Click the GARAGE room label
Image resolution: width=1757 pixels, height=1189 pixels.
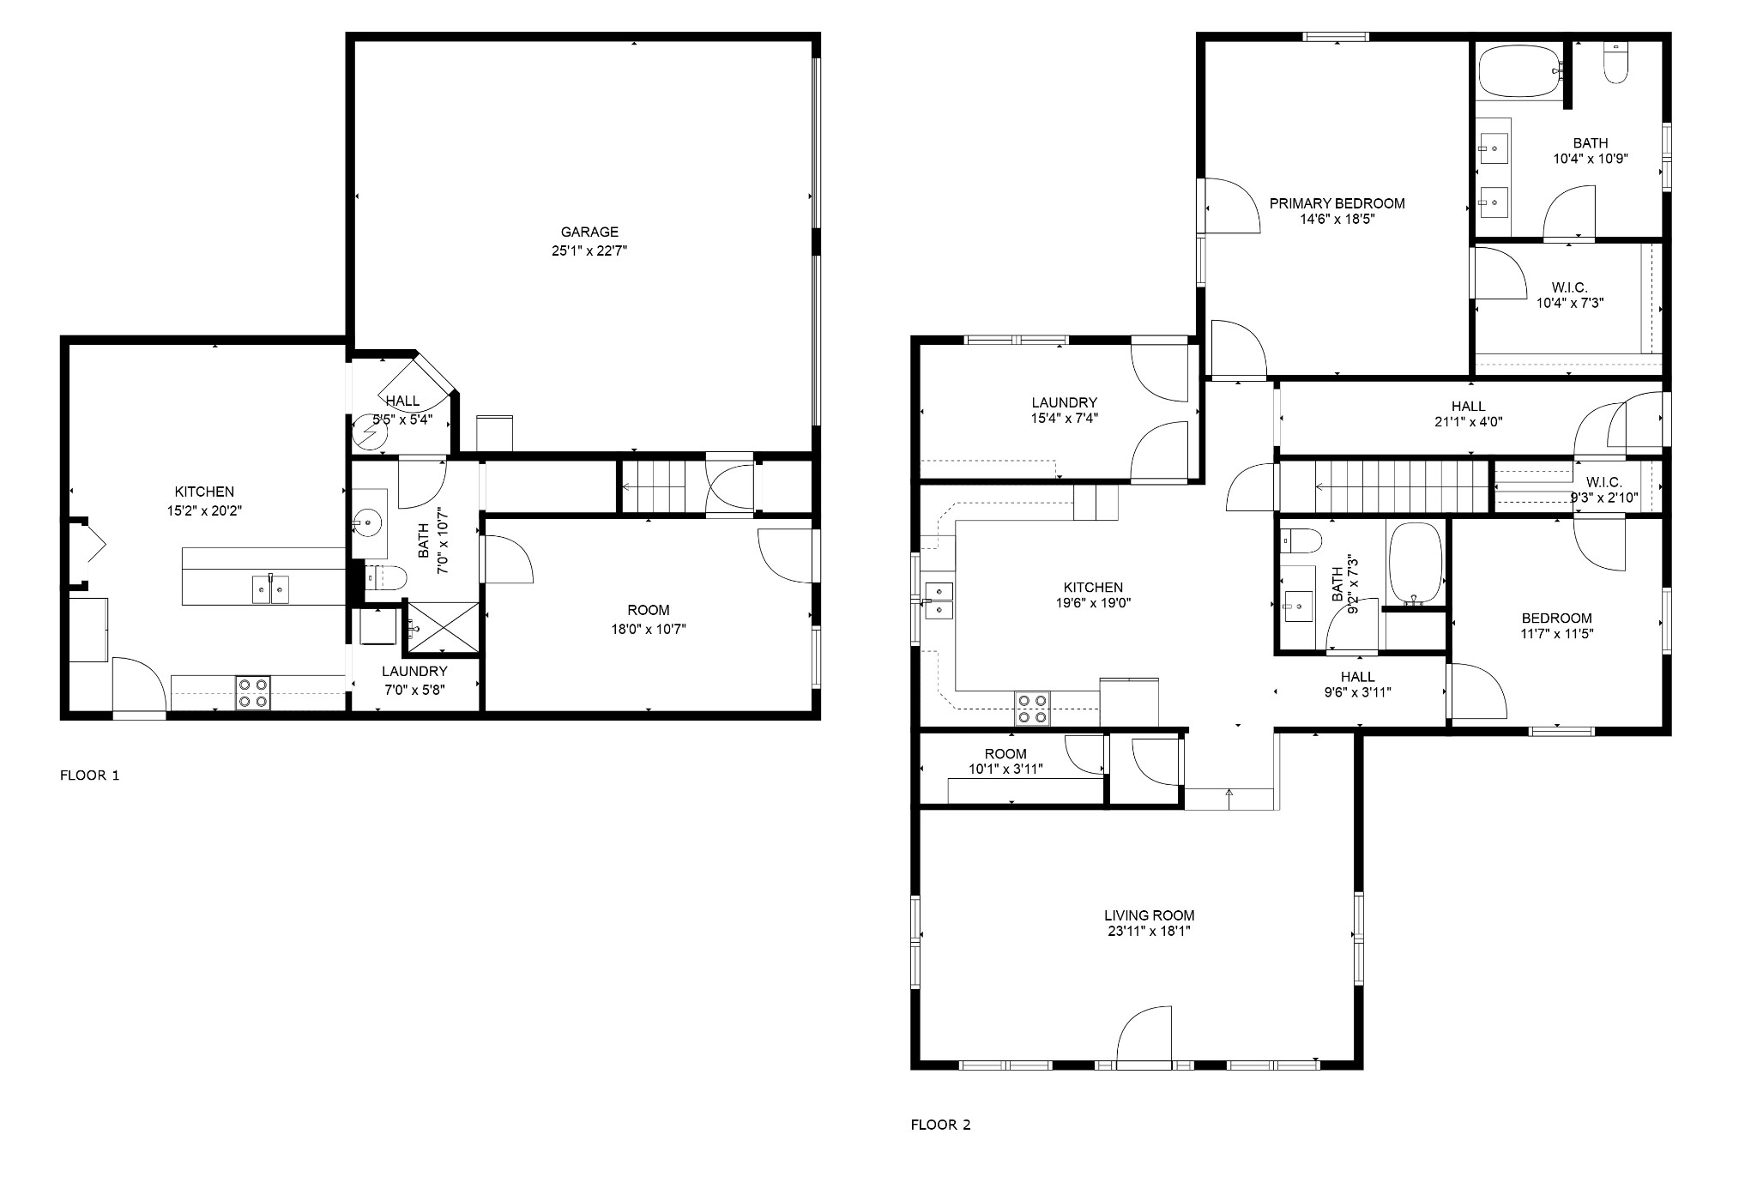(x=589, y=232)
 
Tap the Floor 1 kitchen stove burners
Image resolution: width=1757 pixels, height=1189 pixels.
(x=253, y=693)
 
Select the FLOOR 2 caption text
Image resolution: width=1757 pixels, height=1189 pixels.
(x=940, y=1125)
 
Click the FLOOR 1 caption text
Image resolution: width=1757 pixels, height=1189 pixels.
(x=89, y=776)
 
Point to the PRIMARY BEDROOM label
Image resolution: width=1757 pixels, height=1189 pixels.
(x=1337, y=203)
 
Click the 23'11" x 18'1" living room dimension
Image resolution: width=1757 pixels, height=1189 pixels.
(x=1149, y=931)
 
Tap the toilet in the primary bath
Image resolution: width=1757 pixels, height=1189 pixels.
(x=1615, y=63)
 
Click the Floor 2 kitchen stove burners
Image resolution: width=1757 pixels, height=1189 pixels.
(x=1032, y=709)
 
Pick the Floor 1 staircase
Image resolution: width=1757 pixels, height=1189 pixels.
(x=653, y=486)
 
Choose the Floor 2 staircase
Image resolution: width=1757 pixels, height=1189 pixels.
(x=1384, y=486)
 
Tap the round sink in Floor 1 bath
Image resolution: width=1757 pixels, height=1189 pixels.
(x=370, y=520)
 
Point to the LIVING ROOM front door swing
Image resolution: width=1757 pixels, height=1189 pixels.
(x=1144, y=1035)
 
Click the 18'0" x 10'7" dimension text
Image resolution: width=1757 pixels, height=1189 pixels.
(x=649, y=629)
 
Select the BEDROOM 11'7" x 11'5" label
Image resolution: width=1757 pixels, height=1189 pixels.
(x=1556, y=625)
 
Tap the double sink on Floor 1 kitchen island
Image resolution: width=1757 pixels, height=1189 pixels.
(x=270, y=589)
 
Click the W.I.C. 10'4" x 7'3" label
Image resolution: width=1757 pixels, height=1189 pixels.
(x=1569, y=294)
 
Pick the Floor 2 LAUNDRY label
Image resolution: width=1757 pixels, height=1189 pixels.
(x=1064, y=402)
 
